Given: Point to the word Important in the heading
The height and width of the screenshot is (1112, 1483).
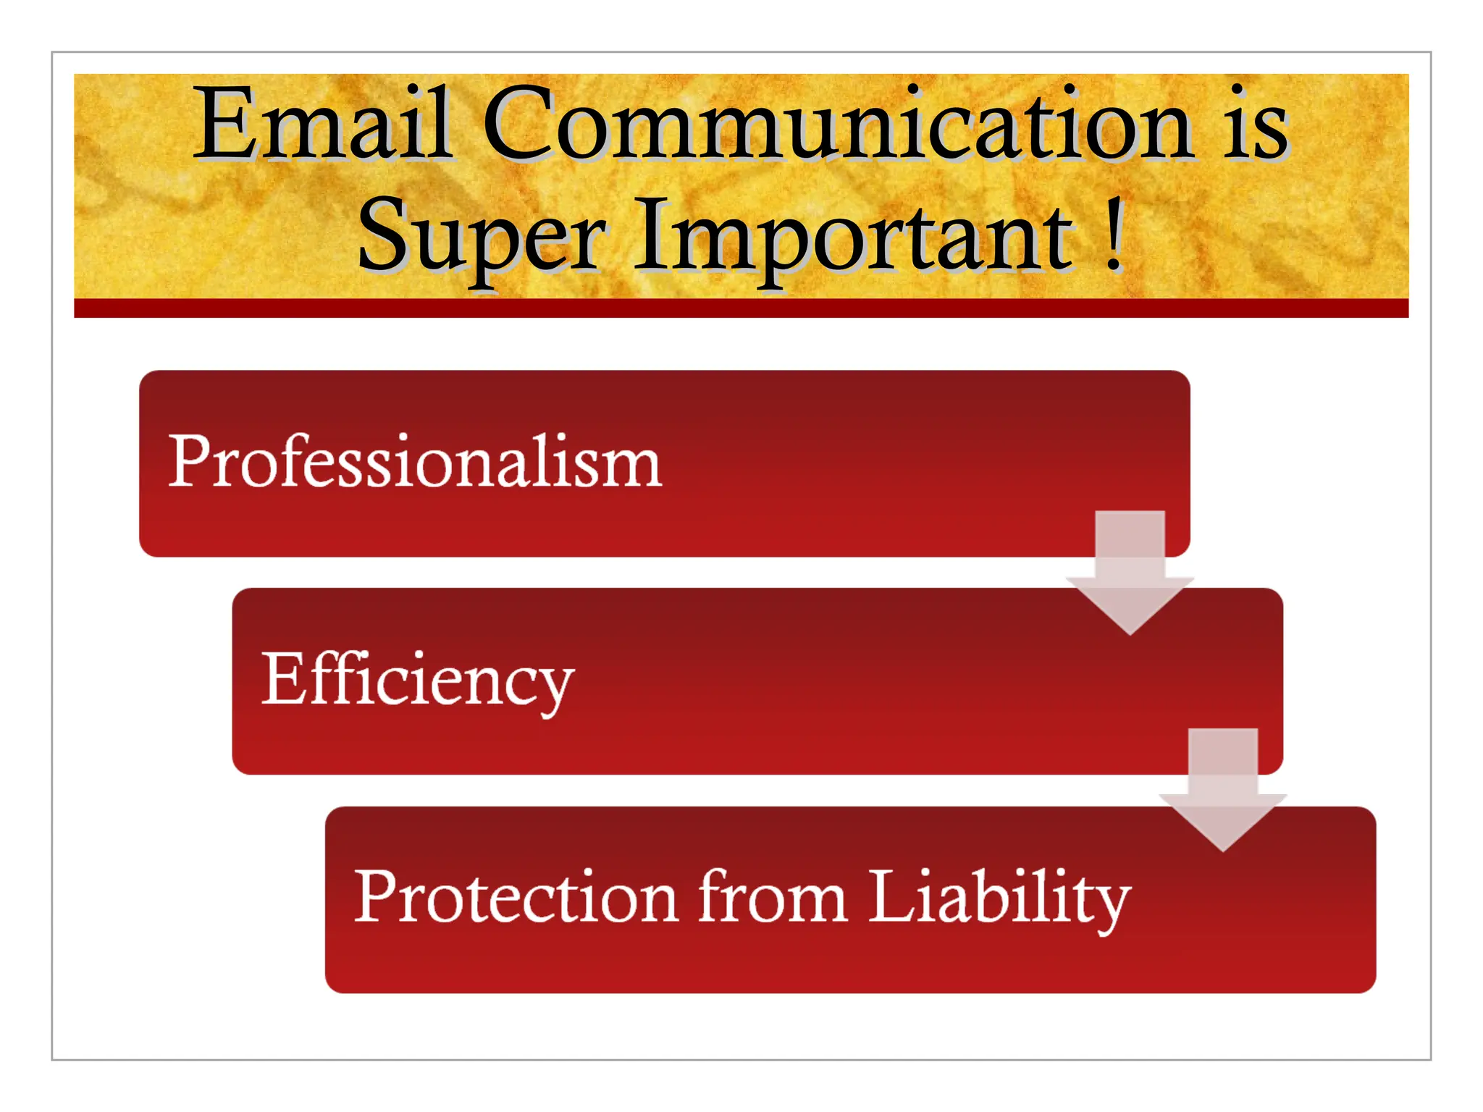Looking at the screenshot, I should (854, 235).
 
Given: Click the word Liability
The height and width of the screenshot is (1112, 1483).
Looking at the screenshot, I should (999, 898).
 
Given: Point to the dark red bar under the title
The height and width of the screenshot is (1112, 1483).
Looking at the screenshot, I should (741, 308).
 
